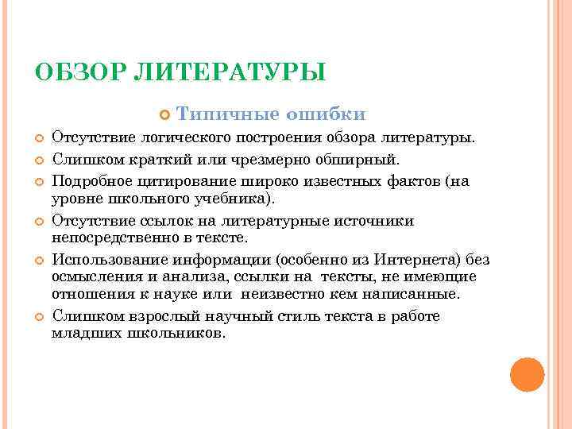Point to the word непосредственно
(x=112, y=237)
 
